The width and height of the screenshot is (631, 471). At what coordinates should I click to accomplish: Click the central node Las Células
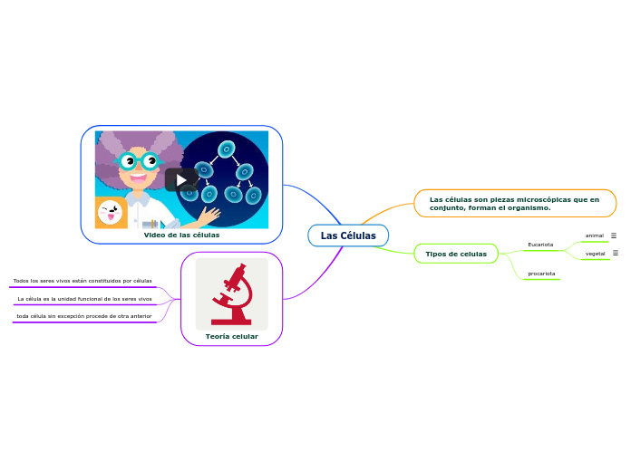(348, 235)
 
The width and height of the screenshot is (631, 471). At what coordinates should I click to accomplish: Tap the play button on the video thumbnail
(181, 180)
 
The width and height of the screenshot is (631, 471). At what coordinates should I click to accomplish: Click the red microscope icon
(232, 294)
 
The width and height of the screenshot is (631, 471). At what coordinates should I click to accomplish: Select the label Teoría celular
(232, 336)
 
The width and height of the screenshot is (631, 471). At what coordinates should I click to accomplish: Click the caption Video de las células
(181, 235)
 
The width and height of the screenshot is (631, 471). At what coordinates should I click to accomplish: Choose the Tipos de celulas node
(456, 254)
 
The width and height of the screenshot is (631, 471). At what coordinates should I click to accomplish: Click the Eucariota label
(540, 245)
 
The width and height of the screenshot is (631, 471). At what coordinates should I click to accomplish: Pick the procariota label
(541, 273)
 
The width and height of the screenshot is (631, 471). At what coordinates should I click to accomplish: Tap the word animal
(595, 235)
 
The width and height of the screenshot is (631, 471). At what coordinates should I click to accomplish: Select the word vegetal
(596, 254)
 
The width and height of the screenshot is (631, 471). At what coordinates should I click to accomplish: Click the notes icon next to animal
(614, 235)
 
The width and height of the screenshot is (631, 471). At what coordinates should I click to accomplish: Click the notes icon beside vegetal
(616, 253)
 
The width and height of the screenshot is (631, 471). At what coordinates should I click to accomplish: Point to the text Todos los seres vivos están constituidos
(83, 281)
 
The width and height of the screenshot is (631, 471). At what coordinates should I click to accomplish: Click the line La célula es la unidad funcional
(84, 298)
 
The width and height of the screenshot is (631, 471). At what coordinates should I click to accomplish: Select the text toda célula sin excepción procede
(84, 316)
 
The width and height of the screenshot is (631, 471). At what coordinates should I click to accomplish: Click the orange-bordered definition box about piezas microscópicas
(514, 203)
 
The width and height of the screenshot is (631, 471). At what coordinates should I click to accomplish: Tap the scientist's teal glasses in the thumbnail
(139, 162)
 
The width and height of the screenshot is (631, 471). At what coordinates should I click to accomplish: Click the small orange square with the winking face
(111, 214)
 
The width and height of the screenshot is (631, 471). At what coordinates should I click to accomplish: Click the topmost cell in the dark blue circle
(227, 149)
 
